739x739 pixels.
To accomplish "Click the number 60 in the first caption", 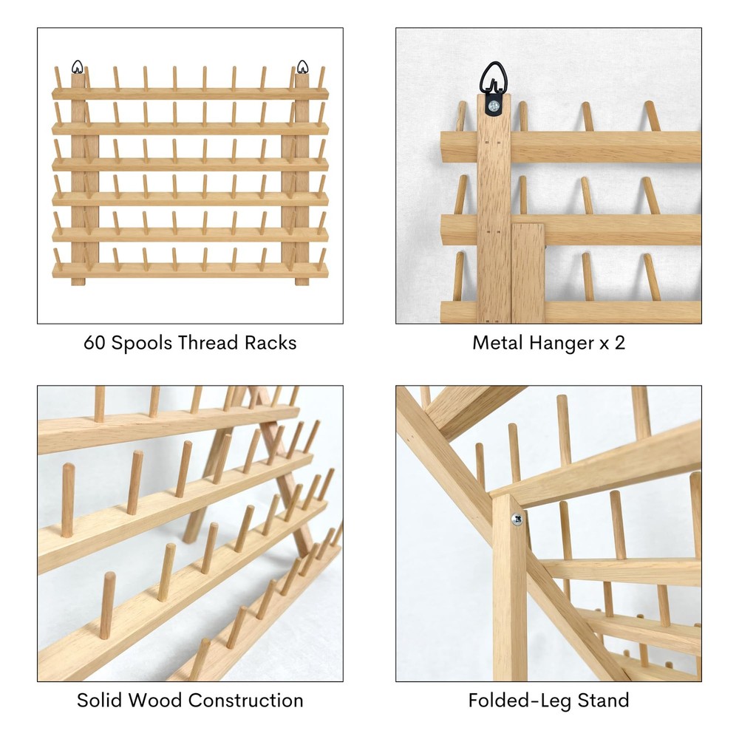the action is click(x=95, y=343).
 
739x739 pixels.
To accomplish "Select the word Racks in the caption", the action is click(x=270, y=343).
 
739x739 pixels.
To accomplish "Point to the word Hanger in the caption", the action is click(x=562, y=344).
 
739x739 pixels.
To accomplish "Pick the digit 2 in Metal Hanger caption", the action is click(x=620, y=343).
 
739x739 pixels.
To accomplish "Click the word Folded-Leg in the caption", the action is click(x=520, y=701).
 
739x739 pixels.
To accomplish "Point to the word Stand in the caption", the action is click(x=603, y=701).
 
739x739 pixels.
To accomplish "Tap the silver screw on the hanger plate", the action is click(x=494, y=106).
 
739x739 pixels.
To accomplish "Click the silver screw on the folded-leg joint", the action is click(x=517, y=520).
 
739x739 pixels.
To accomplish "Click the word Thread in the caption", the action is click(x=208, y=343).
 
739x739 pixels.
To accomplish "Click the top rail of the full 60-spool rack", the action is click(x=190, y=93).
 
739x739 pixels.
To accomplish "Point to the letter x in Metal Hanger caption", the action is click(x=604, y=344).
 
